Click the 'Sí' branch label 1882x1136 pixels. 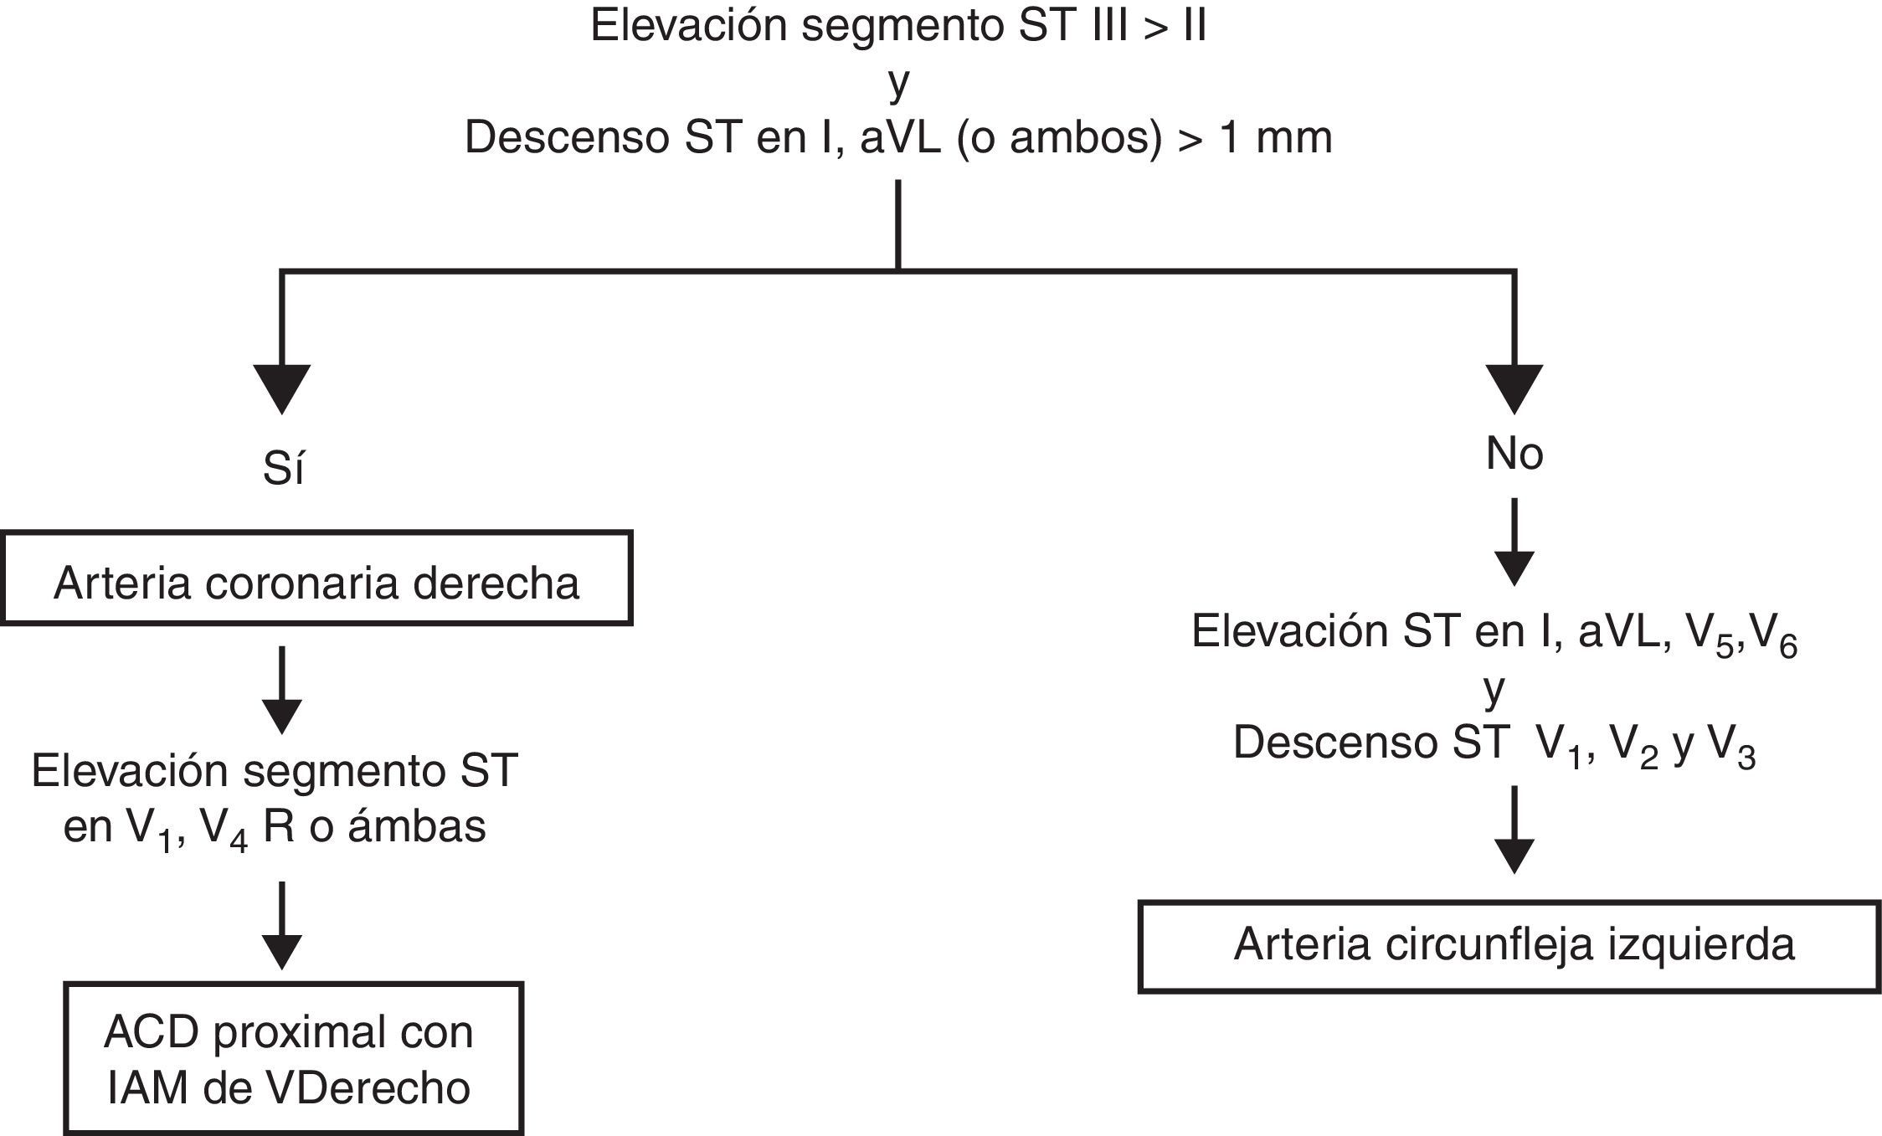click(x=283, y=470)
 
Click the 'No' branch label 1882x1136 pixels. click(x=1514, y=455)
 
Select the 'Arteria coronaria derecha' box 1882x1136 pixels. click(x=316, y=578)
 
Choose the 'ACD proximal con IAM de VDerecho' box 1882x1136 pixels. click(x=293, y=1059)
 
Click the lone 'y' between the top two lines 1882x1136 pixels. click(x=898, y=83)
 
